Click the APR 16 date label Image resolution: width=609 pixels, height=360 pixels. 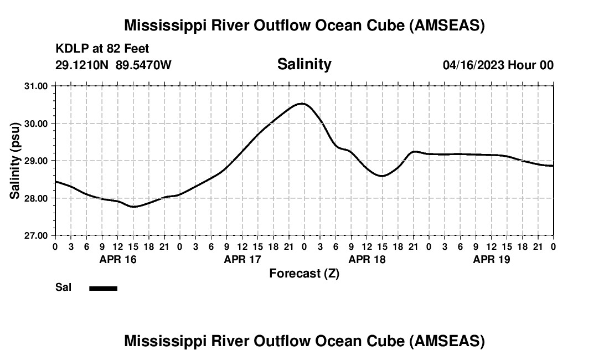pyautogui.click(x=117, y=259)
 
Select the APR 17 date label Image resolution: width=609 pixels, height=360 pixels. pyautogui.click(x=242, y=259)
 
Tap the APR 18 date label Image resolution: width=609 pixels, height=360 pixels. pyautogui.click(x=367, y=259)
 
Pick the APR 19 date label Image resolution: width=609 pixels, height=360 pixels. pyautogui.click(x=491, y=259)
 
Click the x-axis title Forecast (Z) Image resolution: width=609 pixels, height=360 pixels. pyautogui.click(x=304, y=273)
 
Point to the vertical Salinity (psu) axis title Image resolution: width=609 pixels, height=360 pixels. pyautogui.click(x=16, y=161)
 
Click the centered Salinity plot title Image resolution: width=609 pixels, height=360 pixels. pyautogui.click(x=304, y=64)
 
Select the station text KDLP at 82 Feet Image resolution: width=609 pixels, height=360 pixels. pyautogui.click(x=102, y=49)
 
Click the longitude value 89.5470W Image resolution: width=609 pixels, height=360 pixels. pyautogui.click(x=143, y=65)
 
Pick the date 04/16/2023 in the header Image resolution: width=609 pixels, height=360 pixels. pyautogui.click(x=473, y=65)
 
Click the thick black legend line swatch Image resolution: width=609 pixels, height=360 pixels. pyautogui.click(x=103, y=288)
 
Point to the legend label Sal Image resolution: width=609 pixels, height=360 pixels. pyautogui.click(x=63, y=287)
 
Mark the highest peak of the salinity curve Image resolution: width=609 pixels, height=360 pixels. pyautogui.click(x=302, y=104)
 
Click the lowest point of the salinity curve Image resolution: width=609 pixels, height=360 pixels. pyautogui.click(x=134, y=207)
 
